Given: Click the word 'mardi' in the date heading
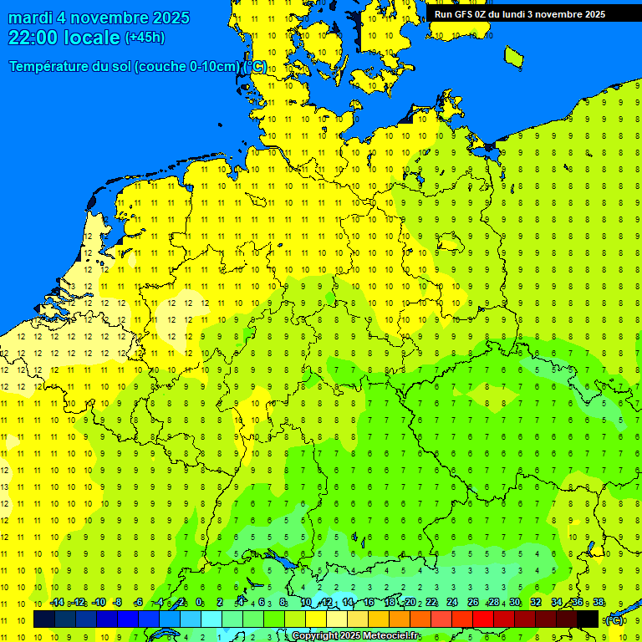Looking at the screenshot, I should (31, 18).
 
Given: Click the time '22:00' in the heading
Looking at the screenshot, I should (34, 38).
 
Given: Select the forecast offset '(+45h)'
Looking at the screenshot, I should (145, 38).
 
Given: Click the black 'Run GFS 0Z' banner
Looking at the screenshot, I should (519, 14).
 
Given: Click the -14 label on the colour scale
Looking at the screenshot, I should (56, 603).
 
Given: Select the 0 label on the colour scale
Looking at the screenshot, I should (199, 603).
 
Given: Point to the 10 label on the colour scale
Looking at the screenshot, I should (305, 603).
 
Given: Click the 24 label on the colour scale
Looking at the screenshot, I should (452, 603).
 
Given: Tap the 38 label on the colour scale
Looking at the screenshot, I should (599, 603).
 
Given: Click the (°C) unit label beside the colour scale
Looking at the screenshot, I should (614, 620).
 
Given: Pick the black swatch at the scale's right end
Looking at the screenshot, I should (588, 619).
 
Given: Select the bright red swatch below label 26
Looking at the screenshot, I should (482, 619).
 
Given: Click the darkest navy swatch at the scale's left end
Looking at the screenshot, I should (44, 619).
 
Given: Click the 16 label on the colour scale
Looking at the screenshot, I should (368, 603).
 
